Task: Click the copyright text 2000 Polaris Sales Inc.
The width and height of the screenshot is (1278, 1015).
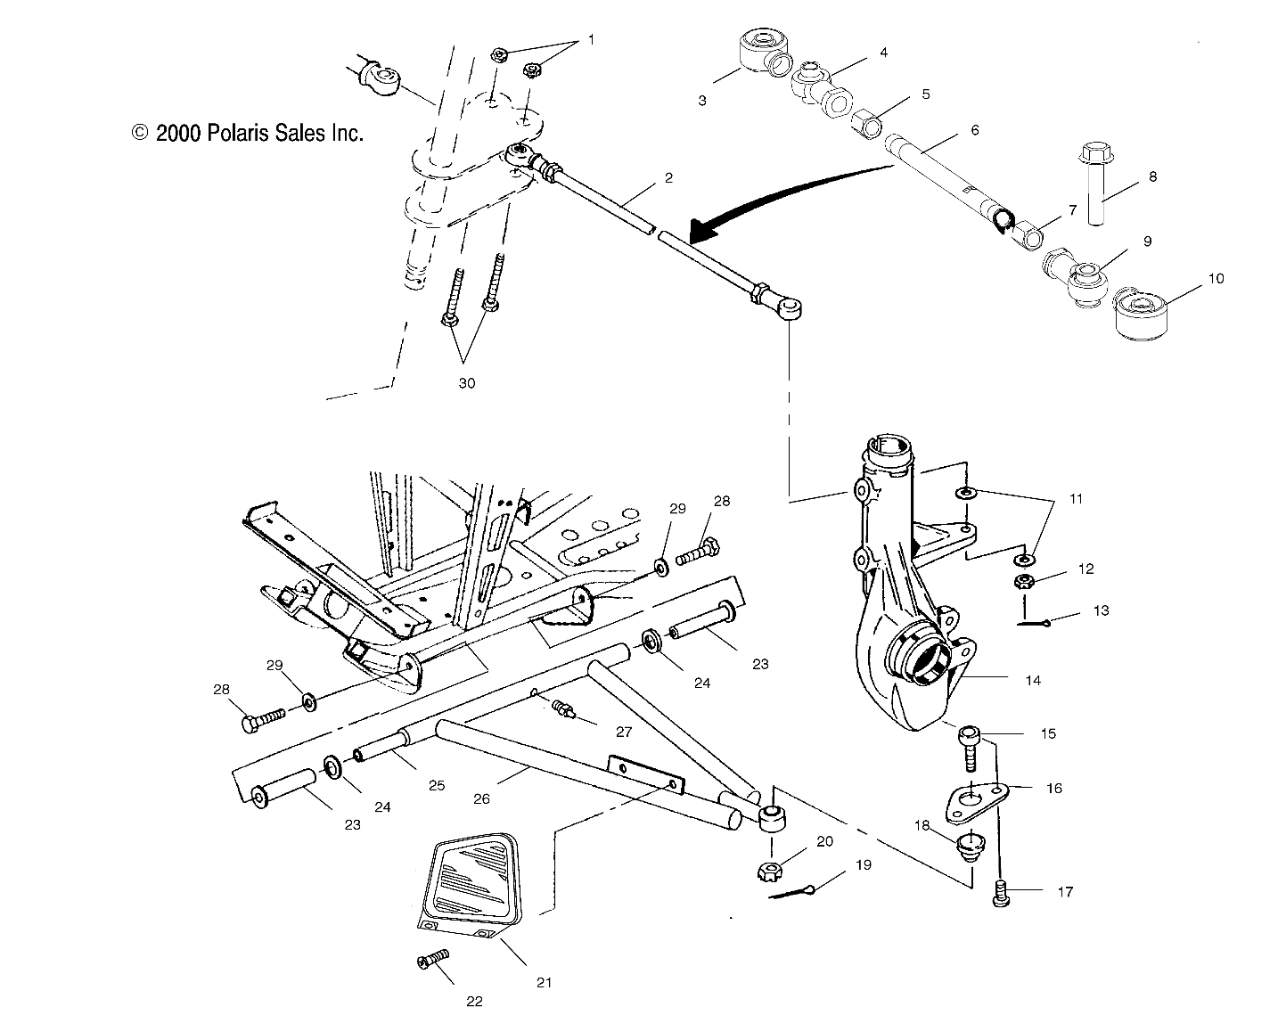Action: pyautogui.click(x=248, y=134)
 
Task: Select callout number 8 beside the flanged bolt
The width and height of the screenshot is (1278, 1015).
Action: pyautogui.click(x=1152, y=176)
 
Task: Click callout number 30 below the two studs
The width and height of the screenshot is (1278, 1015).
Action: pyautogui.click(x=466, y=383)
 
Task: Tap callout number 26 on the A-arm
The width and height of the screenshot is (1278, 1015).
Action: pyautogui.click(x=481, y=799)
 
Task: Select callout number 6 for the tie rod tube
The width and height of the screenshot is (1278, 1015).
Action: pyautogui.click(x=975, y=130)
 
